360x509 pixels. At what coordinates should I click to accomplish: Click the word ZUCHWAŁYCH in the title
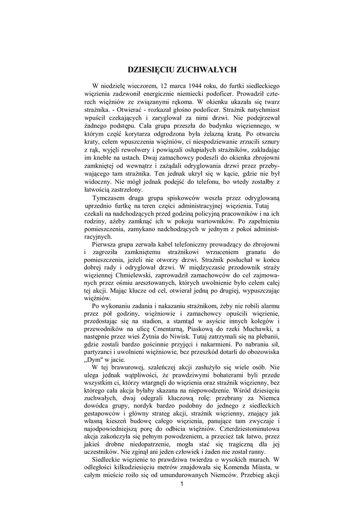click(206, 70)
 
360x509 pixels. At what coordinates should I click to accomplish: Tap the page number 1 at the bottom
click(182, 484)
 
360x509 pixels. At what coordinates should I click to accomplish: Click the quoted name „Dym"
click(95, 360)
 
